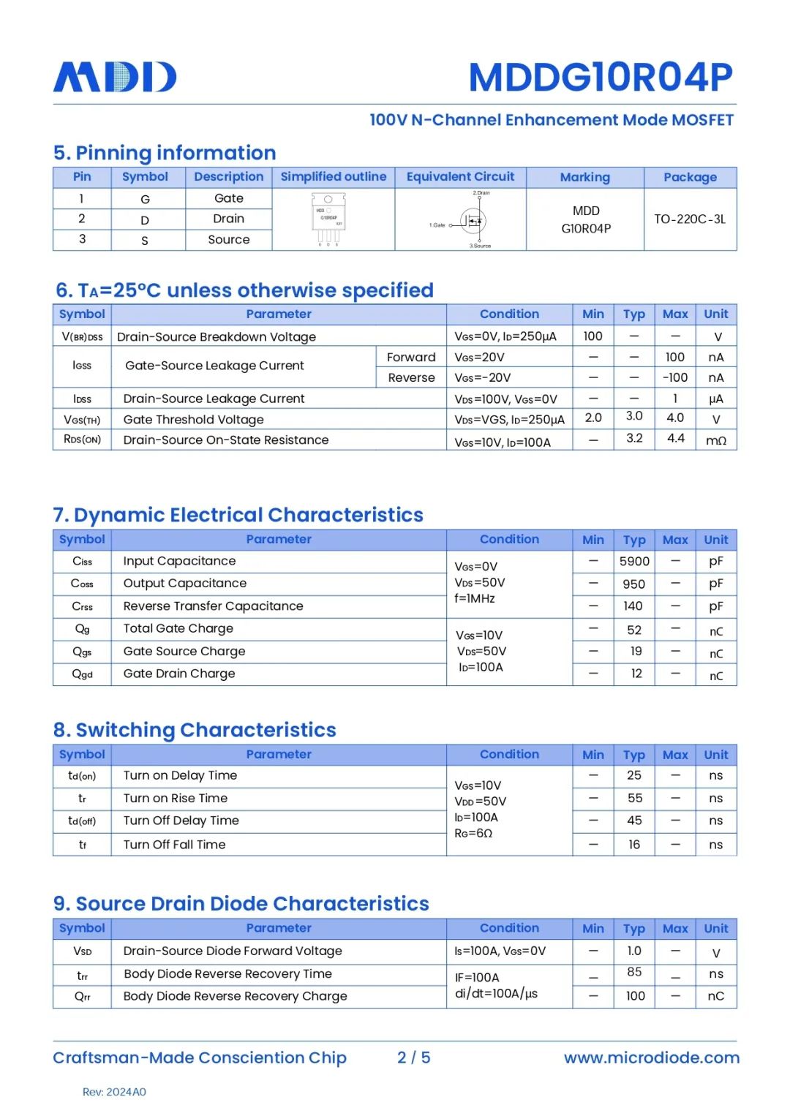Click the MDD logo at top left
coord(115,77)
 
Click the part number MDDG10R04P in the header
coord(600,78)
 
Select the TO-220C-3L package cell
coord(690,219)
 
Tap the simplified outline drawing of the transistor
coord(328,218)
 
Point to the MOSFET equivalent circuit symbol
coord(472,220)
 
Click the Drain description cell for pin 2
coord(228,219)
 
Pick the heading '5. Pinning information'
coord(165,153)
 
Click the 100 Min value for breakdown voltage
coord(592,336)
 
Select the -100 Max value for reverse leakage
coord(674,377)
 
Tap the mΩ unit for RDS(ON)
coord(715,440)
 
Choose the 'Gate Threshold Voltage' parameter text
coord(193,420)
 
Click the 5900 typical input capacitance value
coord(633,562)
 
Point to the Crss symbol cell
coord(82,606)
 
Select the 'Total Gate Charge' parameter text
coord(178,628)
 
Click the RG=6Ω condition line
coord(473,833)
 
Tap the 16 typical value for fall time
coord(633,845)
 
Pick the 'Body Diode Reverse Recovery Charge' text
coord(235,996)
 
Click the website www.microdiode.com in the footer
coord(651,1057)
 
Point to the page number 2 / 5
coord(413,1057)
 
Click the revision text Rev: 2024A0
coord(114,1092)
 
